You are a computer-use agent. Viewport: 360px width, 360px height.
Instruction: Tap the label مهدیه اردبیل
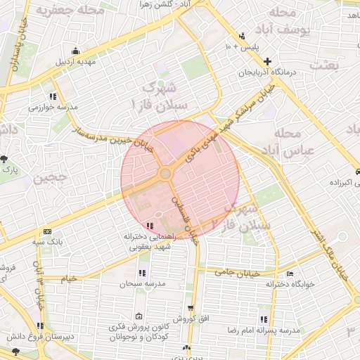(x=75, y=61)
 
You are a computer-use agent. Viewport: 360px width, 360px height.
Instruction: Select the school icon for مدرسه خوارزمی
(x=52, y=97)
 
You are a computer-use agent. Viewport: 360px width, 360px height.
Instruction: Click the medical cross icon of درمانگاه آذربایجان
(x=267, y=61)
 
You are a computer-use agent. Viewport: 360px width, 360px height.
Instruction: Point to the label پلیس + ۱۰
(x=242, y=46)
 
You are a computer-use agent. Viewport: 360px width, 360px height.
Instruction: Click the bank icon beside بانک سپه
(x=47, y=231)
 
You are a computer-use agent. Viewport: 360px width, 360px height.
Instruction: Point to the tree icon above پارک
(x=6, y=158)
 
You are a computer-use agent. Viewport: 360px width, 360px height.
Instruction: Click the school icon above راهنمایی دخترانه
(x=151, y=224)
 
